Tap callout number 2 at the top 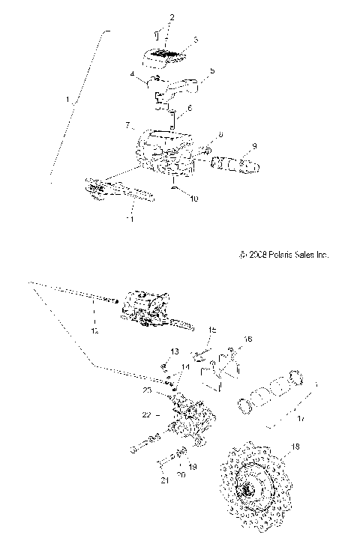pos(171,16)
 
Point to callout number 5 pos(212,71)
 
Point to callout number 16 pos(249,339)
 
